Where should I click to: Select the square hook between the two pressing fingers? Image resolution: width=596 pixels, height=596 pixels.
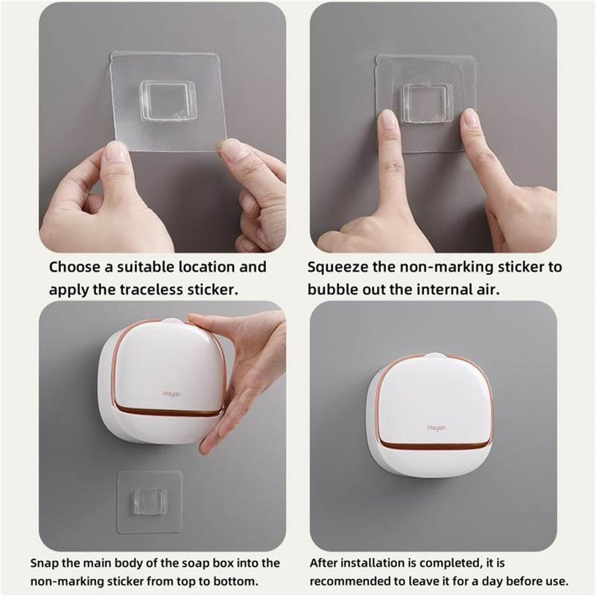[x=427, y=102]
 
